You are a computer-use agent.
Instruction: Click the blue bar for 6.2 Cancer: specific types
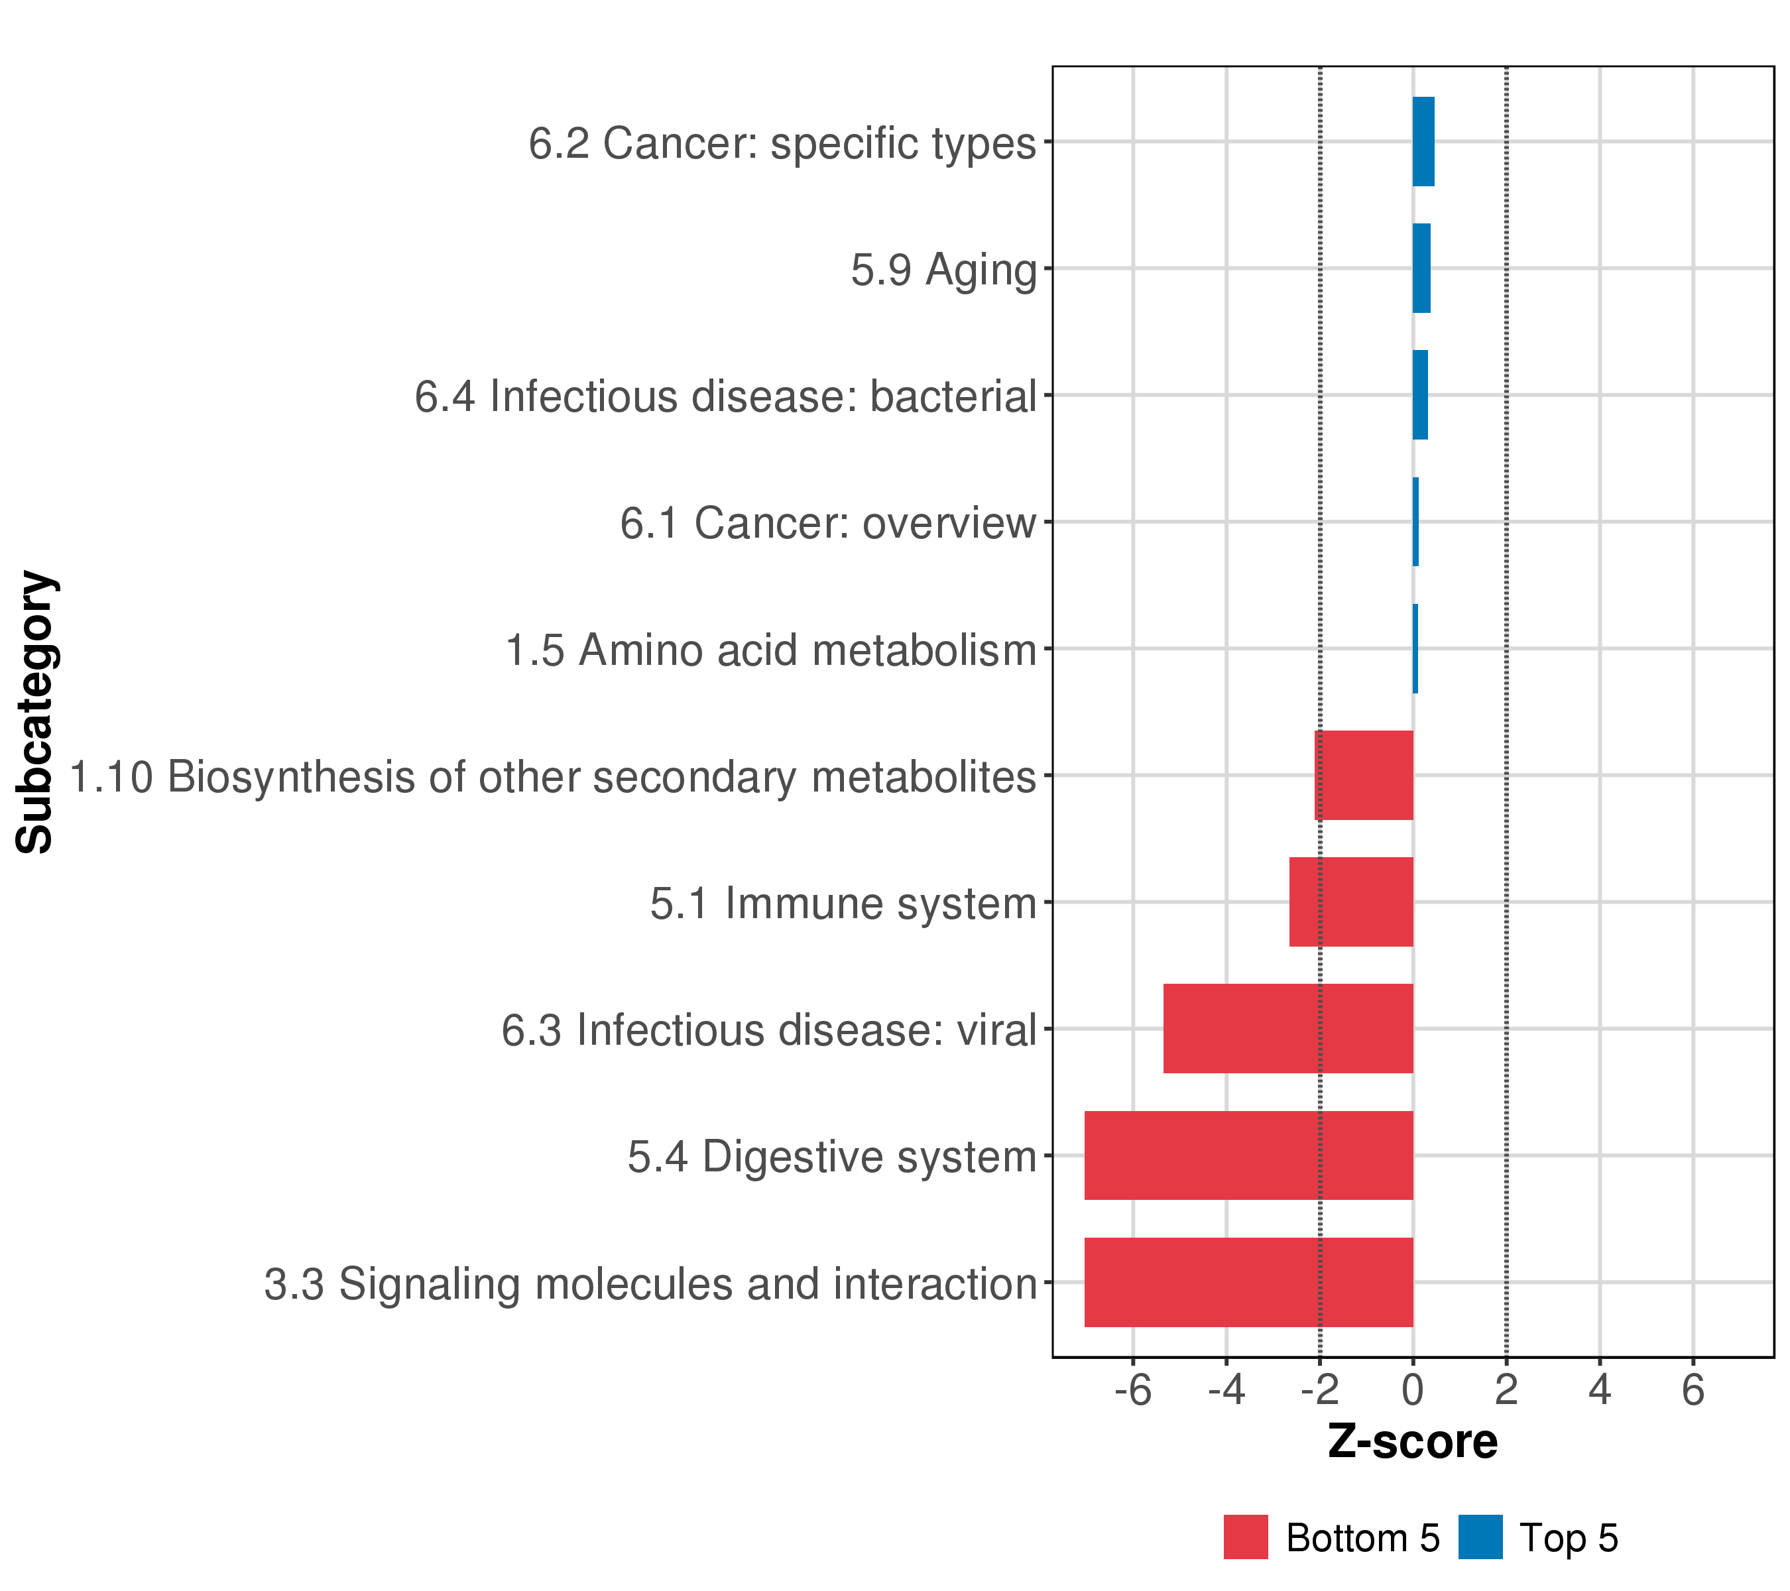coord(1423,142)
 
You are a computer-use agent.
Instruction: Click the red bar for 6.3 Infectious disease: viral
coord(1288,1028)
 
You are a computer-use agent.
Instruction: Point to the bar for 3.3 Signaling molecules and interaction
coord(1249,1282)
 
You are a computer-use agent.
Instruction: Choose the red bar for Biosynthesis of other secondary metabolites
coord(1364,775)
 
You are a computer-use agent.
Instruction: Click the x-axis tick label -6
coord(1132,1391)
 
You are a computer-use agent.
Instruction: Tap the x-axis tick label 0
coord(1413,1391)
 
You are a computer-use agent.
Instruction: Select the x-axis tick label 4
coord(1600,1391)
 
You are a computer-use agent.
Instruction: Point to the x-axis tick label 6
coord(1693,1391)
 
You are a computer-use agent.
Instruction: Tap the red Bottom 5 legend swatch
coord(1245,1537)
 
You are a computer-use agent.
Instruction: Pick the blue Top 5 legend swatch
coord(1480,1537)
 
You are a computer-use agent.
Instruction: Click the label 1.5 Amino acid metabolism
coord(770,650)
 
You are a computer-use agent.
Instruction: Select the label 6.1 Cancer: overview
coord(827,524)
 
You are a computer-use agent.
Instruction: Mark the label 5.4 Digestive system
coord(832,1157)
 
